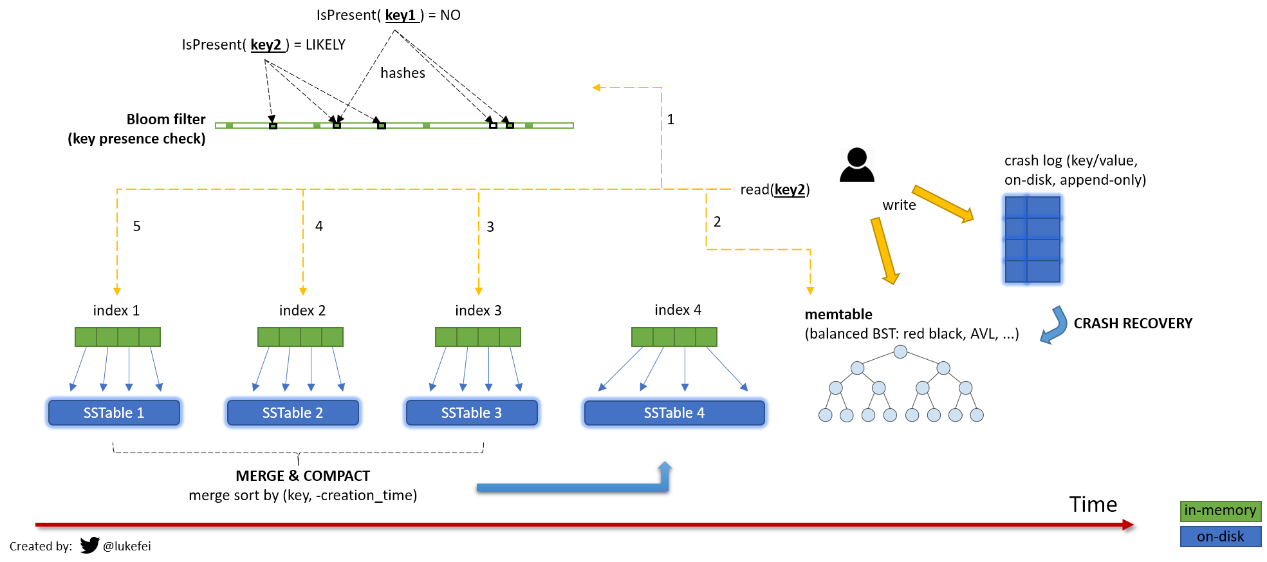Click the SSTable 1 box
coord(114,413)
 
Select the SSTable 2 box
coord(293,413)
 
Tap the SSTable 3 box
coord(472,413)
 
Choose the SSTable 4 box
coord(674,413)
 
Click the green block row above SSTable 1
coord(118,337)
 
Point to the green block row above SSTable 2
coord(301,337)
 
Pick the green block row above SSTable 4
coord(674,337)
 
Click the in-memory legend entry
coord(1221,511)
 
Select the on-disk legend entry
coord(1221,536)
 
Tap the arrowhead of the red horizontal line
coord(1128,525)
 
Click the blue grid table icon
coord(1033,239)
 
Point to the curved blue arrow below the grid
coord(1055,326)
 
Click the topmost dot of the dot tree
coord(900,351)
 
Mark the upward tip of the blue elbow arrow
coord(665,464)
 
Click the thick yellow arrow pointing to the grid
coord(943,203)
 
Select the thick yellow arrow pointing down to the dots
coord(885,250)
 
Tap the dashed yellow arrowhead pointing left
coord(596,88)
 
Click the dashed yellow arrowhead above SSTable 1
coord(117,292)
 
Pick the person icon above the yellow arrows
coord(857,160)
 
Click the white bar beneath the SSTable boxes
coord(298,447)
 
